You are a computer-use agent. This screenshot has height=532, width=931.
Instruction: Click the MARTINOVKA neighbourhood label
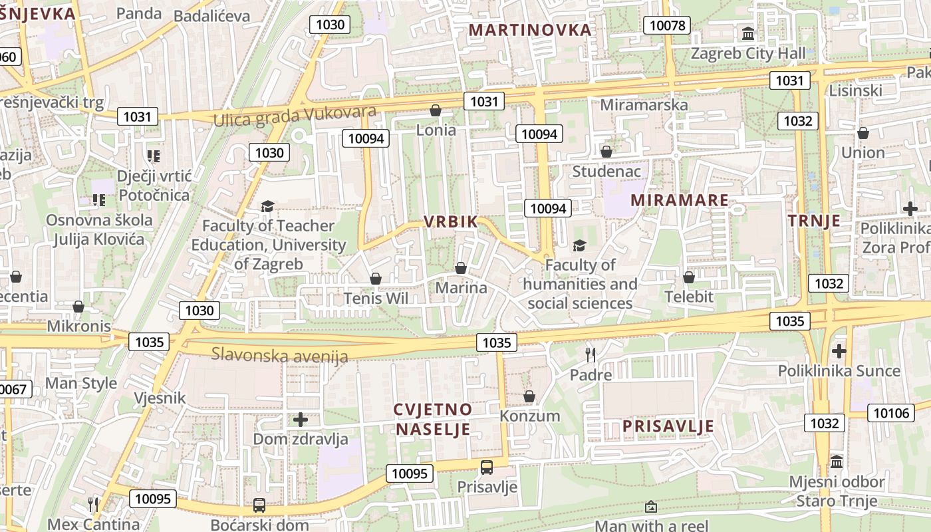coord(530,30)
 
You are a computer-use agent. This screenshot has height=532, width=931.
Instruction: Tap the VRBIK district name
coord(451,222)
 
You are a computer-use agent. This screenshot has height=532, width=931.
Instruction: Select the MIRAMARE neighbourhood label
coord(679,200)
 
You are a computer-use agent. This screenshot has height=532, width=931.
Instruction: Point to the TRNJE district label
coord(815,221)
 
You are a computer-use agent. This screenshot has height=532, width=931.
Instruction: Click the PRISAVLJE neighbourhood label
coord(668,426)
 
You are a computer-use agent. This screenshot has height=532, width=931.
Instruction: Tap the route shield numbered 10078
coord(667,26)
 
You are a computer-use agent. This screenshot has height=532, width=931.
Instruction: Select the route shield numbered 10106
coord(890,413)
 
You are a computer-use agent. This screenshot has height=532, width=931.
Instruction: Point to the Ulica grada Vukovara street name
coord(295,116)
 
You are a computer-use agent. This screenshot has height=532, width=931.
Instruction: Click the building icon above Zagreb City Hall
coord(748,33)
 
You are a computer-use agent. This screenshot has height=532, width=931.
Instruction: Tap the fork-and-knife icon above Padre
coord(589,354)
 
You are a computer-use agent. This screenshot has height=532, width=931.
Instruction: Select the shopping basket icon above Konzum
coord(529,397)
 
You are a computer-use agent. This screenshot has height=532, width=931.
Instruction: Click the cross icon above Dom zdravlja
coord(301,420)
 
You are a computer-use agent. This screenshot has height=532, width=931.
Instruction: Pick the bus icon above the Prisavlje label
coord(487,467)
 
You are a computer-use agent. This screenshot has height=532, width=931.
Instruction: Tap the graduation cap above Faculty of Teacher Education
coord(267,206)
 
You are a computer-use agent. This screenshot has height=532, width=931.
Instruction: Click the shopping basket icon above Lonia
coord(436,110)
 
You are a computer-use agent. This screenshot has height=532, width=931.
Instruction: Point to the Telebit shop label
coord(689,297)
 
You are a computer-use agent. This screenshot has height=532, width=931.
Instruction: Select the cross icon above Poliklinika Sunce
coord(839,350)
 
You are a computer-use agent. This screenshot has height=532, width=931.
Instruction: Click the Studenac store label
coord(606,172)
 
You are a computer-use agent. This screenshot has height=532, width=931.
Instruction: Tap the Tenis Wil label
coord(376,298)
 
